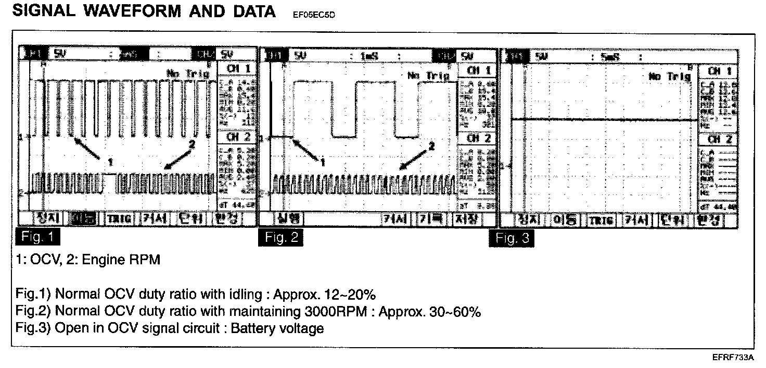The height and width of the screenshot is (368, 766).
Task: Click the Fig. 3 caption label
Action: click(511, 239)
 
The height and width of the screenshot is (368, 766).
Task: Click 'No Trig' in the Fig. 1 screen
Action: click(188, 74)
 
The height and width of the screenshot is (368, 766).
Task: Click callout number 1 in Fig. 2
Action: click(323, 162)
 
